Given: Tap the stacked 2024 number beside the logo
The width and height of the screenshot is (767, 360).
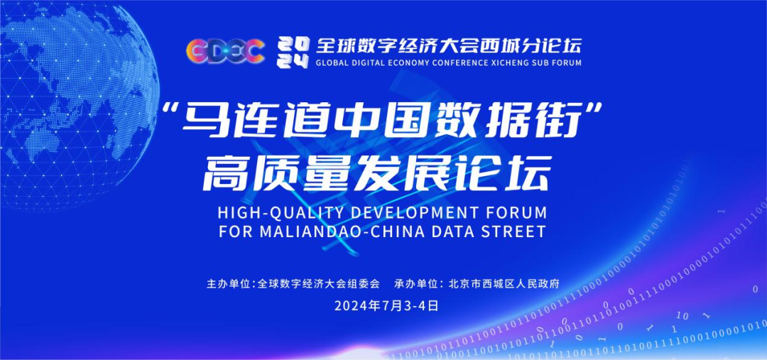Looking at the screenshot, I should [292, 50].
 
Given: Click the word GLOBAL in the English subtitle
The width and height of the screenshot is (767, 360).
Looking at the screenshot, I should [332, 62].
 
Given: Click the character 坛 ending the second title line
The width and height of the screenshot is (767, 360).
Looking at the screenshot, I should [526, 172].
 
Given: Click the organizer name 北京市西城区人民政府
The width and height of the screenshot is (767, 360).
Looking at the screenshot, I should [504, 283].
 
